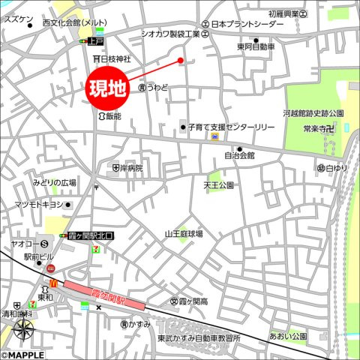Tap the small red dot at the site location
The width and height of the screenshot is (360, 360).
[x=180, y=60]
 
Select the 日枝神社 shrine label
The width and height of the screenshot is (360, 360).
[x=115, y=58]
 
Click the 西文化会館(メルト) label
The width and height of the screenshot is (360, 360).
[x=73, y=24]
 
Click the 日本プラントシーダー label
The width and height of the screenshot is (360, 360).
[x=247, y=24]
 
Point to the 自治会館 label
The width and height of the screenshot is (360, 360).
[x=240, y=155]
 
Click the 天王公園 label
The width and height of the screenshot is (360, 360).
[x=219, y=184]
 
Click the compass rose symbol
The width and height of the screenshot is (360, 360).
[x=23, y=330]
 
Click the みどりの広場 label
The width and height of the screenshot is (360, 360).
[x=54, y=182]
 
